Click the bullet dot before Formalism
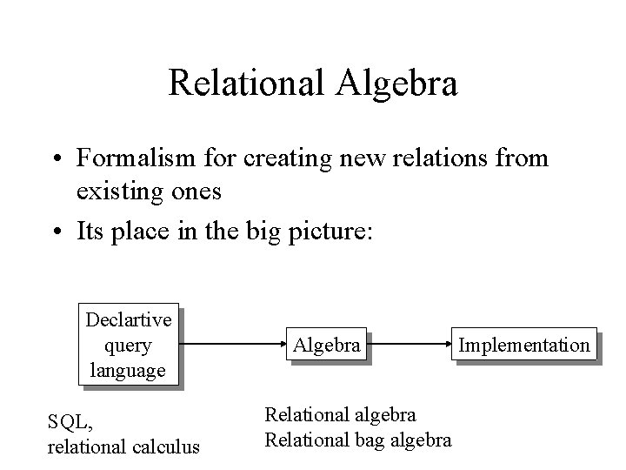(57, 159)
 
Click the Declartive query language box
(131, 345)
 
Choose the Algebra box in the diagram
(326, 345)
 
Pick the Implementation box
(523, 345)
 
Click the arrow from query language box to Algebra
(233, 346)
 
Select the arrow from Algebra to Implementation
(407, 346)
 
